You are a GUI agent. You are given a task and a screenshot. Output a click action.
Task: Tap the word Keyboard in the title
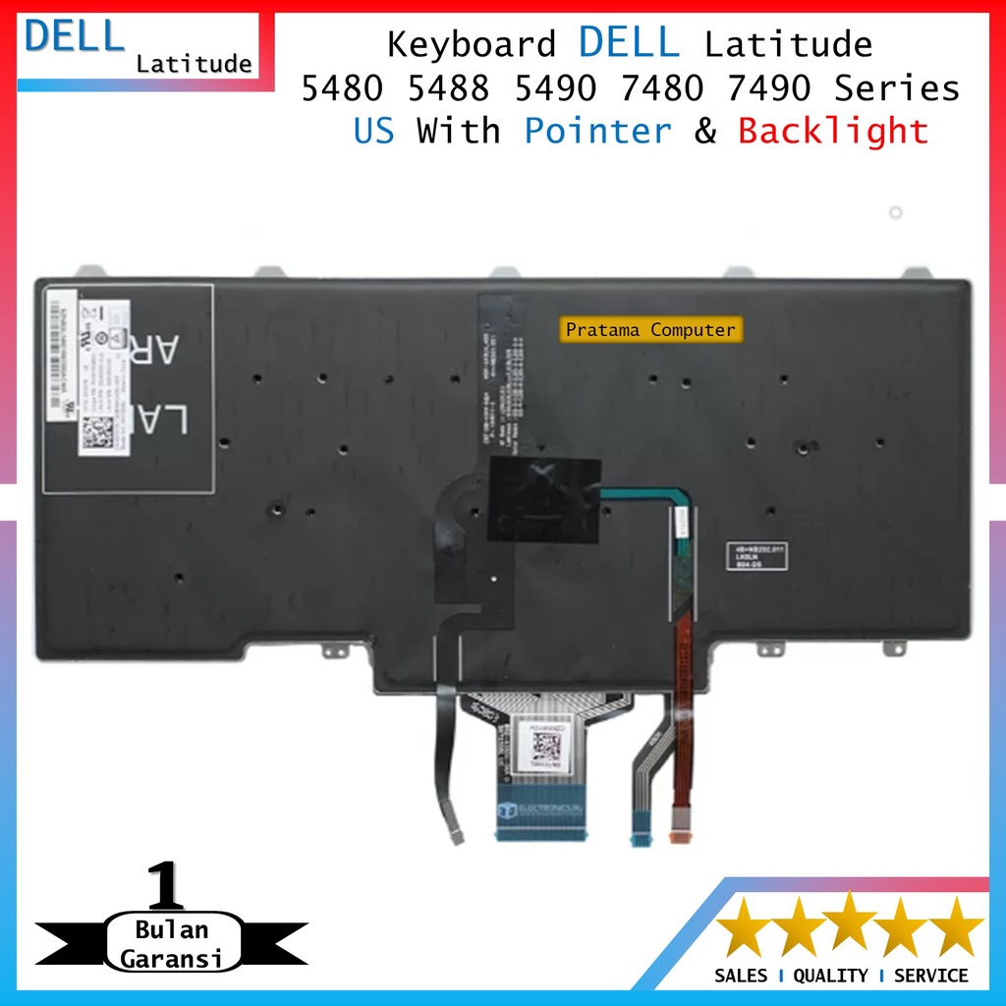tap(472, 44)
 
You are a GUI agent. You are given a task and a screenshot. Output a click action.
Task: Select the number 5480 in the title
tap(344, 88)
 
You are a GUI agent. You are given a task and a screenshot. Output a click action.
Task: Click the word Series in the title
tap(896, 88)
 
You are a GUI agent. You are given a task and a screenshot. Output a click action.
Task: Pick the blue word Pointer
tap(597, 131)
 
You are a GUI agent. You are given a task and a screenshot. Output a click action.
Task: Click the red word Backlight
tap(833, 131)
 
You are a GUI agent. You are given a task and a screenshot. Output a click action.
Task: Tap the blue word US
tap(373, 131)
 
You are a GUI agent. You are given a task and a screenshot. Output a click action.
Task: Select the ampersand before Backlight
tap(705, 131)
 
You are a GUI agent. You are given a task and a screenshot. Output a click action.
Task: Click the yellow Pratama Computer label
tap(650, 330)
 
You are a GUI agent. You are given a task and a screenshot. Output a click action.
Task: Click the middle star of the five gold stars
tap(850, 925)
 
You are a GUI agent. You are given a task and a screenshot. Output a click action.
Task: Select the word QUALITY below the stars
tap(831, 976)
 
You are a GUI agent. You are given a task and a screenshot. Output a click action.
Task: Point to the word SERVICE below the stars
tap(931, 976)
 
